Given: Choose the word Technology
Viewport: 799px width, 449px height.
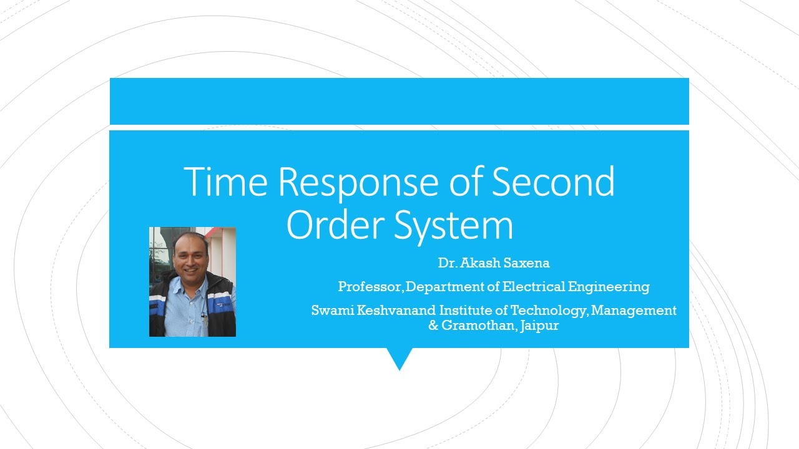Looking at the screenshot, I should click(549, 311).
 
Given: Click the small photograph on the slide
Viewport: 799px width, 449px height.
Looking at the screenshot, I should click(192, 282).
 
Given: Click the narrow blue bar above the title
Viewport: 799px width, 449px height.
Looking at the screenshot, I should click(399, 101).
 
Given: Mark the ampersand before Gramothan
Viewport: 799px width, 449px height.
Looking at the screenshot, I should click(433, 326).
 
